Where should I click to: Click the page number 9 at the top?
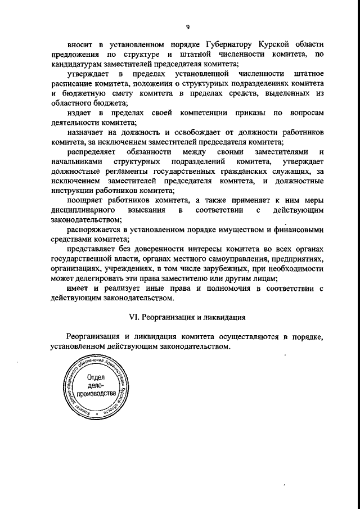pos(187,27)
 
